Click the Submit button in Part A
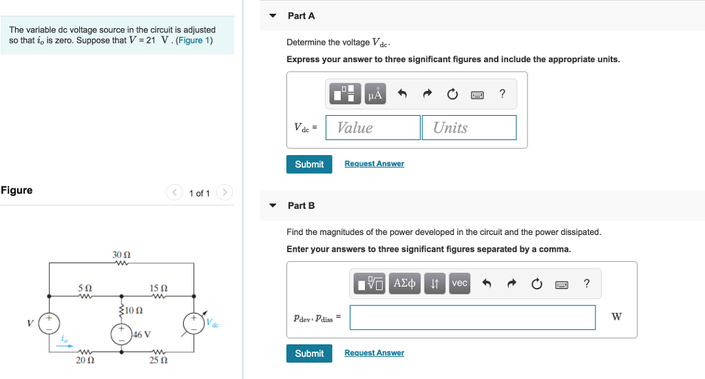[309, 164]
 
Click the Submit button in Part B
[309, 354]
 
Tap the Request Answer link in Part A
[374, 164]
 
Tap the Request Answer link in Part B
[374, 353]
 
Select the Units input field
[468, 127]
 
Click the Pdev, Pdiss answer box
[472, 317]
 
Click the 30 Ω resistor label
[121, 255]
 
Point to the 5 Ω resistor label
[85, 287]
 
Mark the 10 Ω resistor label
[134, 310]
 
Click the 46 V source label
[142, 335]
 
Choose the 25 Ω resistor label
[158, 360]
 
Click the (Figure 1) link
[195, 41]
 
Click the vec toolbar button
[459, 283]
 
